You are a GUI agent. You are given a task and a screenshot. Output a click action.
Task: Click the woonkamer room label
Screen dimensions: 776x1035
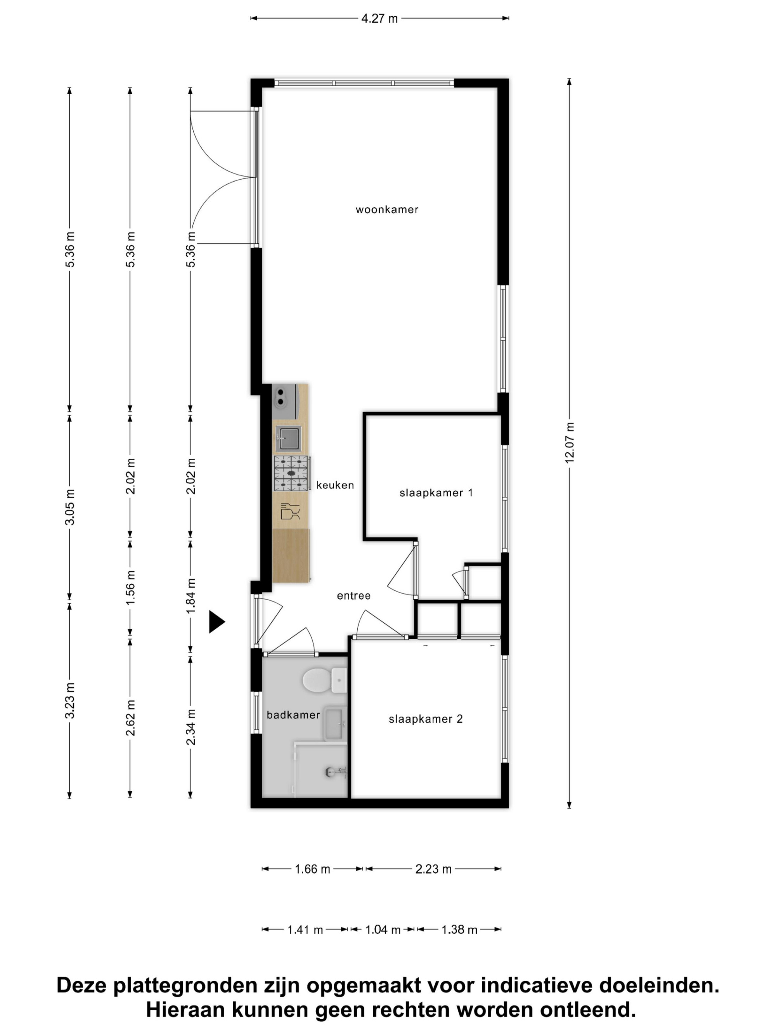pyautogui.click(x=387, y=210)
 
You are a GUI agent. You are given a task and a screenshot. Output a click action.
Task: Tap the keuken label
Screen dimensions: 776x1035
pyautogui.click(x=335, y=485)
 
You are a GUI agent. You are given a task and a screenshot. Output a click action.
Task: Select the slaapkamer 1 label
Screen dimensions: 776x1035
pyautogui.click(x=436, y=493)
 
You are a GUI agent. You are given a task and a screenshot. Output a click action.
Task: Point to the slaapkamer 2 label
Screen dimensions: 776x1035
pyautogui.click(x=426, y=719)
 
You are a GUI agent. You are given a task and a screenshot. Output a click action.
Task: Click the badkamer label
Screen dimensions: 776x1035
pyautogui.click(x=293, y=715)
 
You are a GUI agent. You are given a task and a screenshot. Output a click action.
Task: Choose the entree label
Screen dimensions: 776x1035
pyautogui.click(x=353, y=596)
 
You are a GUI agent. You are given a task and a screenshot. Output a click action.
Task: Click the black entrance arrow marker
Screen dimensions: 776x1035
pyautogui.click(x=217, y=622)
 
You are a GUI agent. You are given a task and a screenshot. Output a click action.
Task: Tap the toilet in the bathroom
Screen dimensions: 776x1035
pyautogui.click(x=324, y=680)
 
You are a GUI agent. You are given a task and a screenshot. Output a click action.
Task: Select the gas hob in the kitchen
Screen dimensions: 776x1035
pyautogui.click(x=291, y=473)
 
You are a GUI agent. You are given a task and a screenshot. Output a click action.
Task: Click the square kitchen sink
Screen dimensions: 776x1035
pyautogui.click(x=288, y=439)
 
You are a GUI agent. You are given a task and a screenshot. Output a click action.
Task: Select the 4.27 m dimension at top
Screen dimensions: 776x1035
pyautogui.click(x=379, y=19)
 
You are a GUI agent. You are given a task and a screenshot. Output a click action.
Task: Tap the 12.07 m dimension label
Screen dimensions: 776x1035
pyautogui.click(x=569, y=443)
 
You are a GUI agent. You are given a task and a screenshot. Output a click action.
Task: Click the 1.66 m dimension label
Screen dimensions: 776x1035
pyautogui.click(x=312, y=869)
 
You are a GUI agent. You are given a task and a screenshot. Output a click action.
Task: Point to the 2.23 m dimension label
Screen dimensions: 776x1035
pyautogui.click(x=434, y=869)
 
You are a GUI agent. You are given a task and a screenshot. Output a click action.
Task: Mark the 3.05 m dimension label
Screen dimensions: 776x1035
pyautogui.click(x=70, y=507)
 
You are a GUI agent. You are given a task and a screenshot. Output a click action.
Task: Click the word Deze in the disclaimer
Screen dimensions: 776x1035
pyautogui.click(x=82, y=986)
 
